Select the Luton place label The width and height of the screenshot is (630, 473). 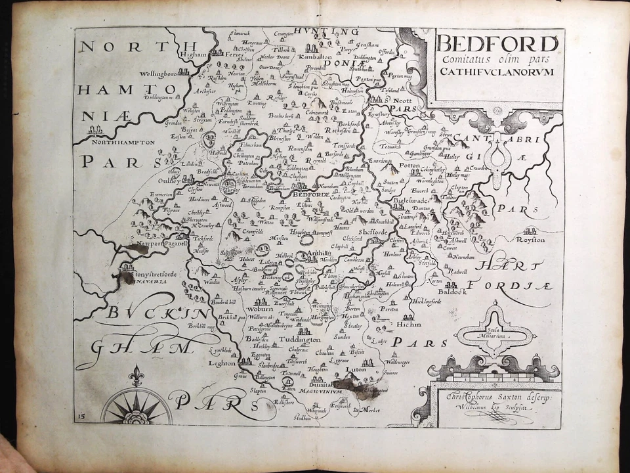pyautogui.click(x=355, y=370)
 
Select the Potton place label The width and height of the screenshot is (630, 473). pyautogui.click(x=411, y=168)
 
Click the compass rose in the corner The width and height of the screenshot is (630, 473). pyautogui.click(x=136, y=407)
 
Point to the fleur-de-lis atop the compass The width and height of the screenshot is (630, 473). pyautogui.click(x=136, y=375)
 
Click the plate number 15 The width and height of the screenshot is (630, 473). pyautogui.click(x=80, y=417)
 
